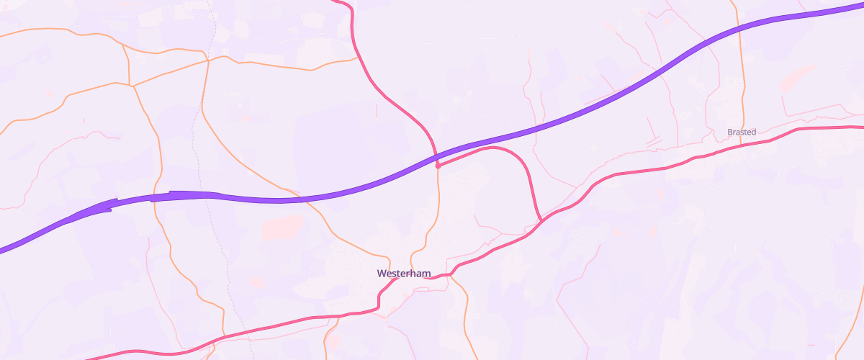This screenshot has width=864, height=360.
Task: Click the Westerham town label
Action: [403, 274]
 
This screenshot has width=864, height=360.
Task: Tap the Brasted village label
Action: [742, 132]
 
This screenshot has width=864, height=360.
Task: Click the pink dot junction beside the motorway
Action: [438, 166]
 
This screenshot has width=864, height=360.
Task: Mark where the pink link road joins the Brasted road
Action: [541, 221]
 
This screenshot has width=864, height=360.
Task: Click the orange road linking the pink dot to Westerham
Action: [437, 209]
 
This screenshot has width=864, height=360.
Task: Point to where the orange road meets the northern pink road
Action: [357, 57]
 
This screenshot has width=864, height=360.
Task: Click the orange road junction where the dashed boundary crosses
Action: [208, 61]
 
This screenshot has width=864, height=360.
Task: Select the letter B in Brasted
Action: [730, 132]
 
